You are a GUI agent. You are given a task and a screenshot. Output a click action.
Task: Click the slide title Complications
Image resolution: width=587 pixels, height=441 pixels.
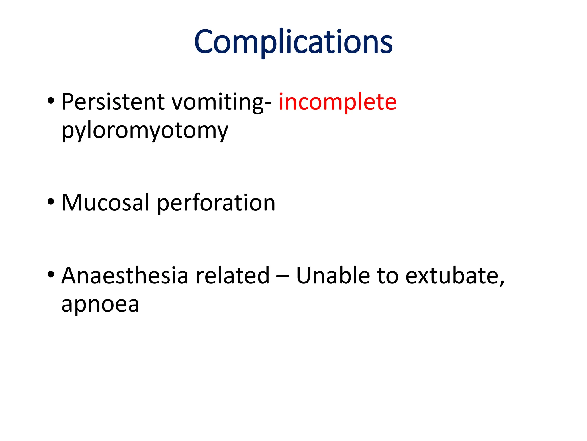click(293, 42)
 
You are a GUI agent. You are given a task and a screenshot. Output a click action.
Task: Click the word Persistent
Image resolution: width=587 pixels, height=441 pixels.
click(113, 102)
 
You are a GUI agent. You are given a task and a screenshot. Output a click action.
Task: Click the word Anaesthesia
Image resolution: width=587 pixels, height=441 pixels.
click(125, 276)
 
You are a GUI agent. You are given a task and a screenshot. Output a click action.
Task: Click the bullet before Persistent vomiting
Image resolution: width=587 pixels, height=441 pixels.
click(51, 101)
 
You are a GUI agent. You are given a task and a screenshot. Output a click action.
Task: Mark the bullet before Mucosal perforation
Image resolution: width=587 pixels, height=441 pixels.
click(51, 202)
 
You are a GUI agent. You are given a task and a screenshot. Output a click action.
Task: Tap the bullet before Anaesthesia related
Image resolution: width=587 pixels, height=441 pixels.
click(51, 275)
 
